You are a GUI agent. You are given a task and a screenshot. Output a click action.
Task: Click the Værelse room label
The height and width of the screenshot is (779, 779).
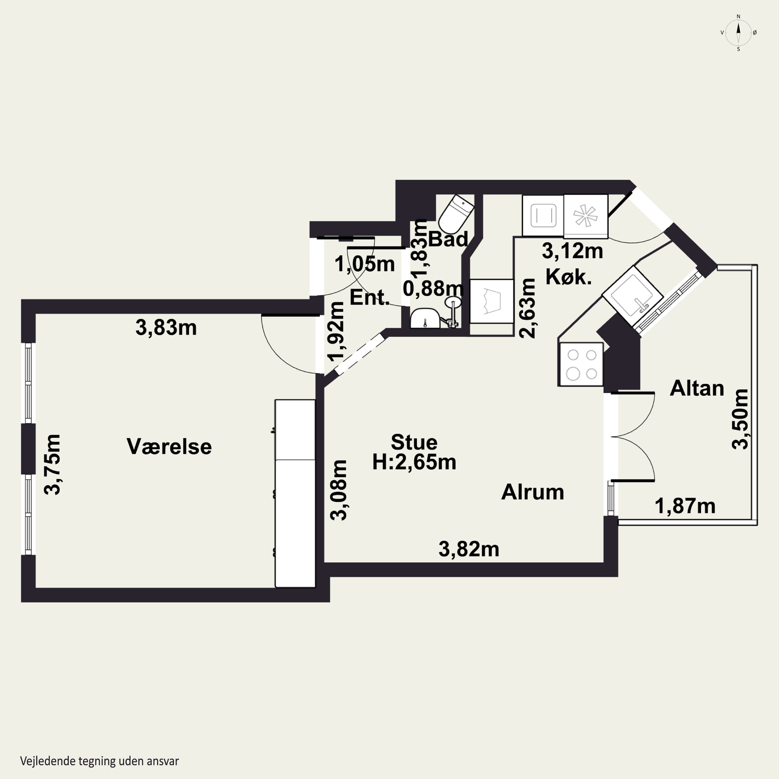pos(169,447)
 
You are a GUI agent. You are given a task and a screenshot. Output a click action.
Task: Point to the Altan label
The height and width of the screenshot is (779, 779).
pos(697,388)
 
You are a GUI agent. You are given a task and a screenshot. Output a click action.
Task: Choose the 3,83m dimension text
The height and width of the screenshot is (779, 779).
pos(166,328)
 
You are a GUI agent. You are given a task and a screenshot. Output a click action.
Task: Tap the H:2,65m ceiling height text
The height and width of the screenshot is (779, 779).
pos(414,462)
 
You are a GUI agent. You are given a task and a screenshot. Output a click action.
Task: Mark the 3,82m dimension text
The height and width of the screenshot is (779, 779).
pos(469,549)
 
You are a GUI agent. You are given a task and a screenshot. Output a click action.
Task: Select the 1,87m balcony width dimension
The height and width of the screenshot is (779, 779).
pos(685,506)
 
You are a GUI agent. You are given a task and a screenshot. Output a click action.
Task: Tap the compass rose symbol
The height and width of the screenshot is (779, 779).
pos(738,33)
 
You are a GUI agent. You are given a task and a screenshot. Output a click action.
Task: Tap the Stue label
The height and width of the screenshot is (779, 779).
pos(414,442)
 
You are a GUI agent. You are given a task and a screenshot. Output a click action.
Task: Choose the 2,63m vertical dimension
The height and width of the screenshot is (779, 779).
pos(527,308)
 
